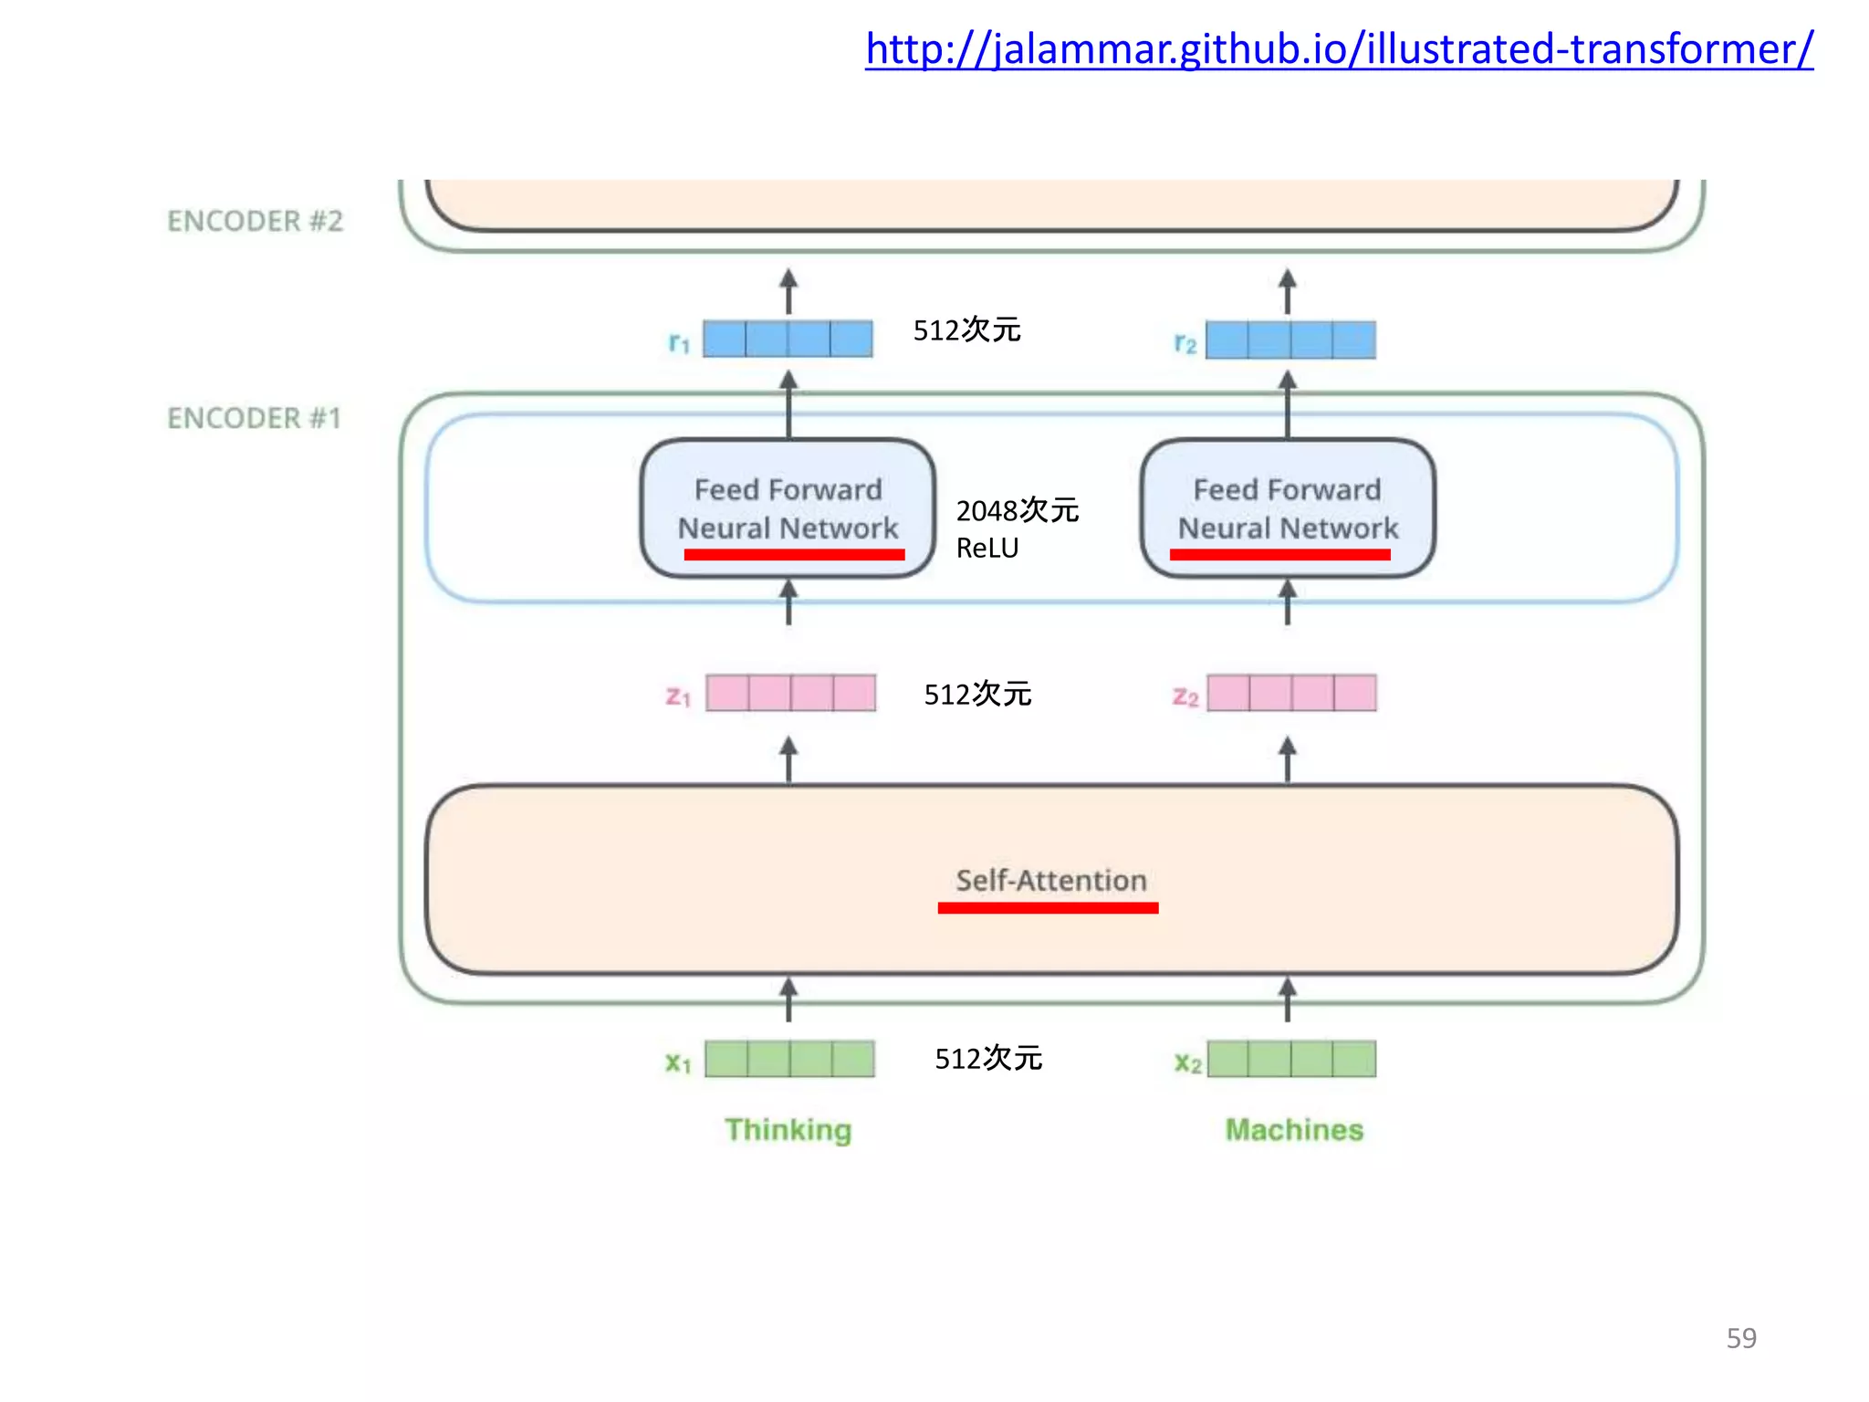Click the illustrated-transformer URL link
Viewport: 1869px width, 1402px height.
tap(1339, 49)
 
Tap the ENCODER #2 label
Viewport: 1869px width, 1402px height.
tap(255, 221)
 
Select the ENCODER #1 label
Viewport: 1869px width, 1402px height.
tap(254, 418)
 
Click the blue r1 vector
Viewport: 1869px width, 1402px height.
tap(788, 339)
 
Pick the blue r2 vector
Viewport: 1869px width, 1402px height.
tap(1290, 340)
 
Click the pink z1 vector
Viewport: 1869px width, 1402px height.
tap(790, 693)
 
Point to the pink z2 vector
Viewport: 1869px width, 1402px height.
tap(1291, 693)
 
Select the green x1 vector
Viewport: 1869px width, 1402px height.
tap(789, 1059)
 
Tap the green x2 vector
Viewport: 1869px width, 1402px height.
tap(1291, 1059)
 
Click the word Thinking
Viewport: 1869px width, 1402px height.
tap(788, 1130)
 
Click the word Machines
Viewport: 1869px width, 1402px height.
tap(1294, 1130)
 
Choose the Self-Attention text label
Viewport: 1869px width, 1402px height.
tap(1050, 881)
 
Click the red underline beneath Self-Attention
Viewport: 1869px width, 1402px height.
tap(1048, 907)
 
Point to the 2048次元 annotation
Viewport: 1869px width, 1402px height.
tap(1017, 510)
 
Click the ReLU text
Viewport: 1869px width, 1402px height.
tap(987, 549)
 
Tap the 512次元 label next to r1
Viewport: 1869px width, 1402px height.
tap(966, 330)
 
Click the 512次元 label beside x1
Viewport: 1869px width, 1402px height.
tap(988, 1059)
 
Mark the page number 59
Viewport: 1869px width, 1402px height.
tap(1741, 1338)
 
